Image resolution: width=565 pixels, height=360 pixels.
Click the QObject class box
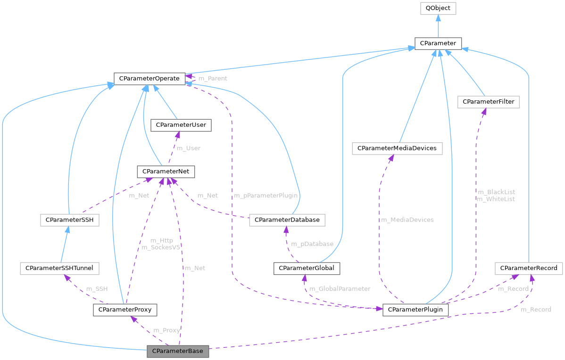click(x=438, y=8)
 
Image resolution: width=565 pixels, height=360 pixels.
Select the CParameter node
click(x=438, y=43)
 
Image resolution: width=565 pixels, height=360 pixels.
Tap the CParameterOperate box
click(x=149, y=78)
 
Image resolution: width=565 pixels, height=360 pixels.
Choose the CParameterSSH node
click(x=70, y=220)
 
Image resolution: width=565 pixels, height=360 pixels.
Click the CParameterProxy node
click(x=125, y=310)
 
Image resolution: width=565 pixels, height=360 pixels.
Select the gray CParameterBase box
click(x=178, y=352)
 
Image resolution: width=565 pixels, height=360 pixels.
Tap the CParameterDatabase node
click(x=287, y=220)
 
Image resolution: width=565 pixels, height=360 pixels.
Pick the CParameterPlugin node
click(x=415, y=310)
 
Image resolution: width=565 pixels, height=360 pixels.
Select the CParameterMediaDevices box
click(x=397, y=148)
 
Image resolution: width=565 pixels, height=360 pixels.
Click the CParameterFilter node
click(x=488, y=102)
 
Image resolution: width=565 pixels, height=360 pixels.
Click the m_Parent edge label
click(x=212, y=78)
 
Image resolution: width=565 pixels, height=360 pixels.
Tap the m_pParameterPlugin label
click(x=266, y=195)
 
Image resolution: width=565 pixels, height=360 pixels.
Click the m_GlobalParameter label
click(x=340, y=288)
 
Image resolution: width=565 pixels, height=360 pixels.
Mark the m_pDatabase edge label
click(x=312, y=244)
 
